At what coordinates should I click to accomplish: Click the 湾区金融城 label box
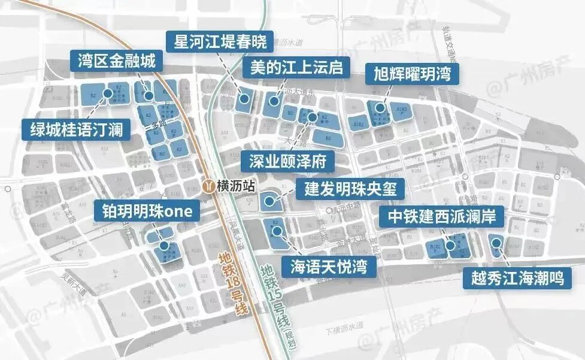116,60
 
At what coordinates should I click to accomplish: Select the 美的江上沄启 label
296,67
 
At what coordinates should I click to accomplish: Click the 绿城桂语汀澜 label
76,128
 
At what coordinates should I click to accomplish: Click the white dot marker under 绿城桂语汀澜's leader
108,93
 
